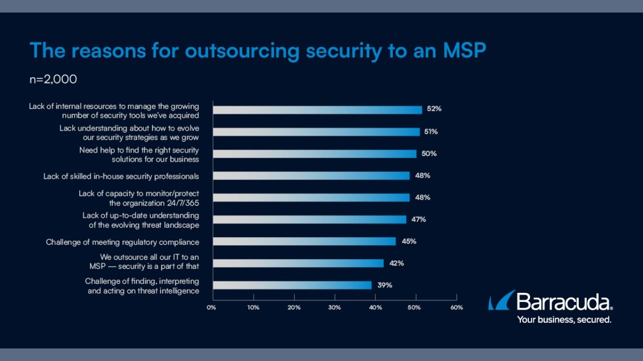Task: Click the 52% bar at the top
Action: tap(317, 110)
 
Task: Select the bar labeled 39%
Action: tap(292, 285)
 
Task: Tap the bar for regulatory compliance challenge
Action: tap(304, 241)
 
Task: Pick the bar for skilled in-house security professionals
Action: tap(311, 175)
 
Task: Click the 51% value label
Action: tap(431, 132)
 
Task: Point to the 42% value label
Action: tap(396, 263)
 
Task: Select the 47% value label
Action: tap(418, 219)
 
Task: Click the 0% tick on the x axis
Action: tap(211, 307)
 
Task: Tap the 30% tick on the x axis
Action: tap(334, 307)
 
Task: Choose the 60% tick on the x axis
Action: tap(456, 307)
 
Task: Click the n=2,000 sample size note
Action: tap(53, 80)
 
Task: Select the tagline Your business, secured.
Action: tap(564, 319)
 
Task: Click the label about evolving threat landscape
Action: tap(141, 220)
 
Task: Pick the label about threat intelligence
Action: tap(142, 286)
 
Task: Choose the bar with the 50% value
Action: tap(315, 153)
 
